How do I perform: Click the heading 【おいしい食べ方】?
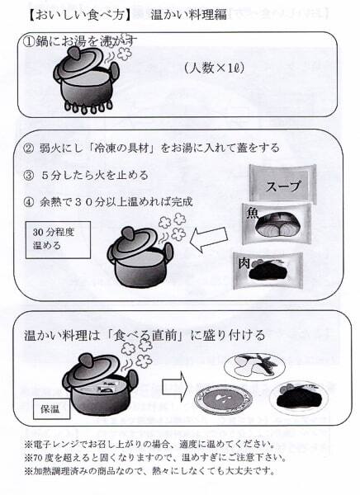(79, 15)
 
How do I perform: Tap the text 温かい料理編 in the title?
(189, 15)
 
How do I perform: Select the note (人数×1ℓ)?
(215, 68)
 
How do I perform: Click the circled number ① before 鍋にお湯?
(29, 42)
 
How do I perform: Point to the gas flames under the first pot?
(89, 107)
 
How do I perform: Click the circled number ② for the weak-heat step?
(28, 148)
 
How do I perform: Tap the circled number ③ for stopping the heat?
(28, 175)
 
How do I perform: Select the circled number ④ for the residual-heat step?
(28, 202)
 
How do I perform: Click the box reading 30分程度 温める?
(58, 239)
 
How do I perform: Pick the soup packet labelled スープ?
(282, 183)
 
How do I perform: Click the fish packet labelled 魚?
(277, 224)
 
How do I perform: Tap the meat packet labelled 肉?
(268, 271)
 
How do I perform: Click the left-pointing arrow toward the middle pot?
(209, 239)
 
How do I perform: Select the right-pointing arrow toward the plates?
(175, 386)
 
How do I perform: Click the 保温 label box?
(51, 409)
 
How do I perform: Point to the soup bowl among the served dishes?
(224, 398)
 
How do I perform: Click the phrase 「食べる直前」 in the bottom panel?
(145, 335)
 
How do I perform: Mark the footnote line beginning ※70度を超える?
(155, 457)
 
